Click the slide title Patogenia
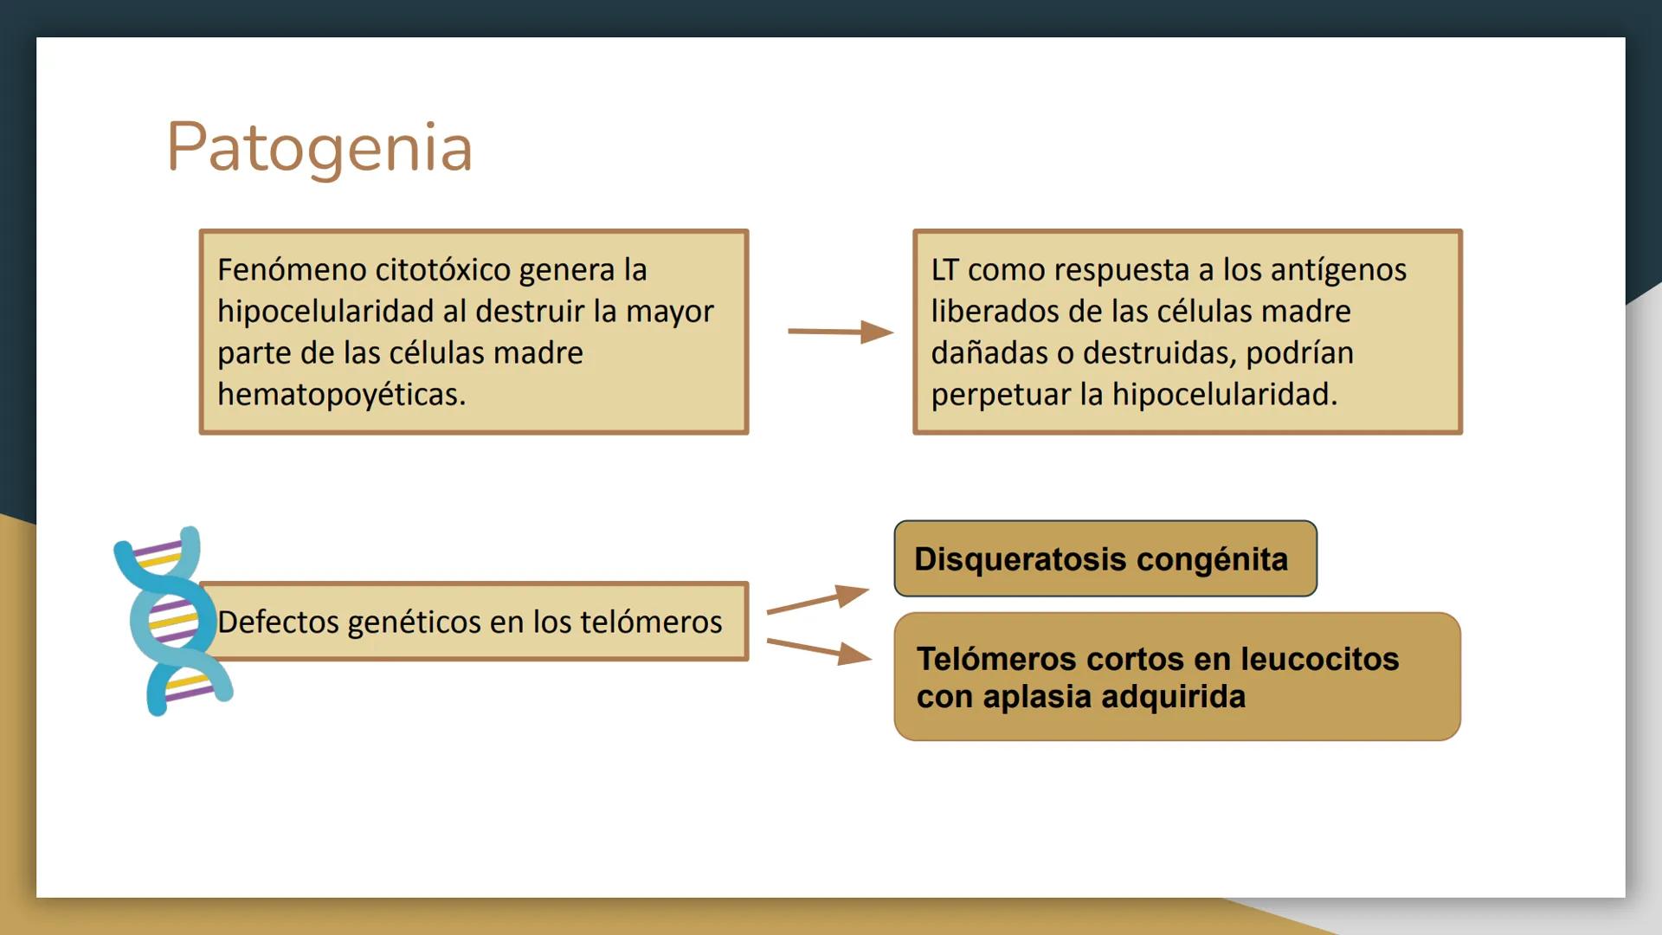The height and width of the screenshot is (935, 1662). click(x=319, y=148)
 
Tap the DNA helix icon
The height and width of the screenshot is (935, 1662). click(x=172, y=621)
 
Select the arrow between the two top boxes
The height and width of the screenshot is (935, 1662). click(x=841, y=332)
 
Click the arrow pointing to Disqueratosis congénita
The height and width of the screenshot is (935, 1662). click(x=818, y=599)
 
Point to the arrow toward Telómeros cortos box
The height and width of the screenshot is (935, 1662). click(x=819, y=651)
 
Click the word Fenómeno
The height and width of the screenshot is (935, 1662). click(x=292, y=270)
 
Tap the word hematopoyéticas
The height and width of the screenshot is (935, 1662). click(x=341, y=395)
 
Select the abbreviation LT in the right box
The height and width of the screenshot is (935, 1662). click(x=944, y=270)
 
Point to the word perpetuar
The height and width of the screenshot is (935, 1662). click(x=1001, y=395)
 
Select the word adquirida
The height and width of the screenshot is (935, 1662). click(x=1172, y=696)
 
